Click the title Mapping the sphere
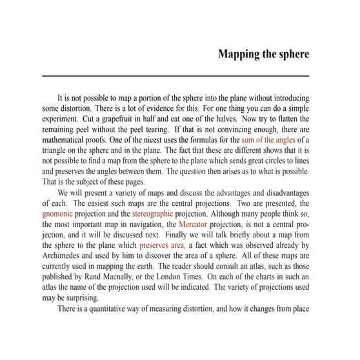pyautogui.click(x=263, y=53)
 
